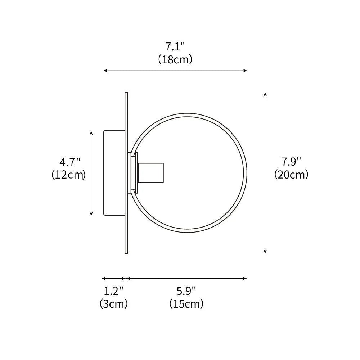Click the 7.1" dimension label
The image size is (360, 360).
175,47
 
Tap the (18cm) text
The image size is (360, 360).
175,59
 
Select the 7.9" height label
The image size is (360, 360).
291,162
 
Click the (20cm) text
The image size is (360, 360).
291,175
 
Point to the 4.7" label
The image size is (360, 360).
69,162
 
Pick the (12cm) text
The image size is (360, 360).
69,175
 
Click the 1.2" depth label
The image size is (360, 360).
113,291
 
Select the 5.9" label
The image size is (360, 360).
186,291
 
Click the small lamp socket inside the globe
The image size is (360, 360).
151,172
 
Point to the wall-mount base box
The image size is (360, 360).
114,173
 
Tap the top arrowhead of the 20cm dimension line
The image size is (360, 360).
265,94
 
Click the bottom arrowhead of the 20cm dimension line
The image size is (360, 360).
265,251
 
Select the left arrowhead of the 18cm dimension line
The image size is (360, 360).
106,71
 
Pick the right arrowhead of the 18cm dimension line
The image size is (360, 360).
245,71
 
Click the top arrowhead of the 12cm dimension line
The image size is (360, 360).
91,133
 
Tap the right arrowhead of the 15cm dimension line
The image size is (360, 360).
245,278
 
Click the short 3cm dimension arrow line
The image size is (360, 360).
114,278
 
